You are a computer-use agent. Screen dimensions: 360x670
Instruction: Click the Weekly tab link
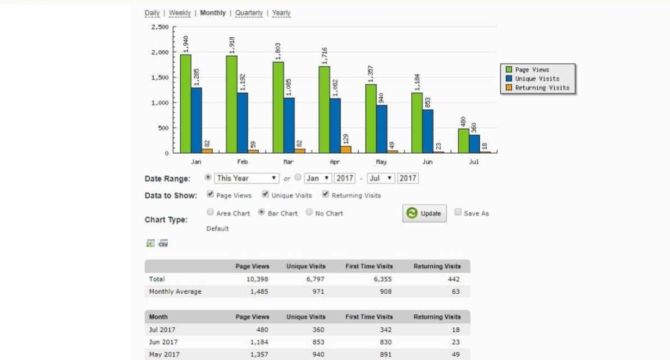[180, 13]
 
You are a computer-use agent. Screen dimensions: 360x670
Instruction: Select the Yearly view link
[281, 13]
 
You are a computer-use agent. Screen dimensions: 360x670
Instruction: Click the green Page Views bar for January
[185, 103]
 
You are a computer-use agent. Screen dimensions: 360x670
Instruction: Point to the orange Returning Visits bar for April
[346, 149]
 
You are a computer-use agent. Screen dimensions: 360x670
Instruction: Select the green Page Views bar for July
[463, 141]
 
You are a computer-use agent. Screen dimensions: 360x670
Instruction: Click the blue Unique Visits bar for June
[427, 131]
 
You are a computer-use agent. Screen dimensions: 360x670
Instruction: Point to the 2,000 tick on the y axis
[160, 53]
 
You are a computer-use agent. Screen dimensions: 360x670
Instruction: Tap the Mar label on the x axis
[289, 162]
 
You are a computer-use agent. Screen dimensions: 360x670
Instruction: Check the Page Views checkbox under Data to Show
[210, 195]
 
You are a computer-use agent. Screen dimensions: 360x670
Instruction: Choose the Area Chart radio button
[211, 213]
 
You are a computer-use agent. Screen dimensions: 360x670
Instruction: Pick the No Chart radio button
[309, 213]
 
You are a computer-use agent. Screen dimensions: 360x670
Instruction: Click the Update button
[424, 214]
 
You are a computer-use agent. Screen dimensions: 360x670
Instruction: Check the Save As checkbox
[458, 213]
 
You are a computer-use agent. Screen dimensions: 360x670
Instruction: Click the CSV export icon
[163, 243]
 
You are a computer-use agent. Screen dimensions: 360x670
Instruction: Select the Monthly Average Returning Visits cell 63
[455, 292]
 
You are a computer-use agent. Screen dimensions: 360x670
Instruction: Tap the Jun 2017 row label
[163, 342]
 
